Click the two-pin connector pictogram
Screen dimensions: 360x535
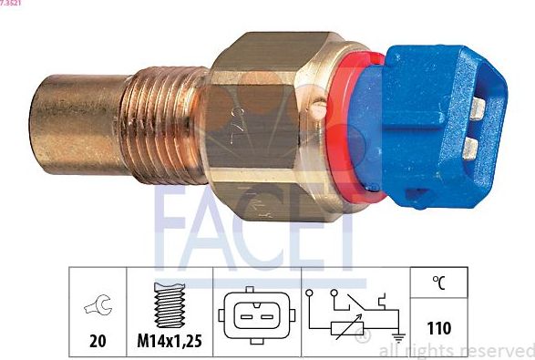[255, 316]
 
